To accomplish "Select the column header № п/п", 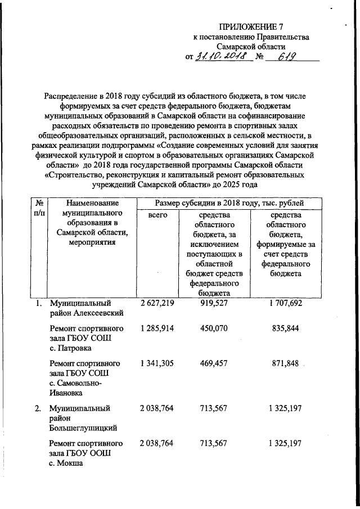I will click(x=39, y=208).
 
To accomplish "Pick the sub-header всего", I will click(x=158, y=215).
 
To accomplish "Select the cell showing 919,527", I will click(x=213, y=303).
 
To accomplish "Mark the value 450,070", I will click(x=213, y=328).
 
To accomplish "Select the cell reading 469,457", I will click(x=213, y=363).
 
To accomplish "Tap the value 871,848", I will click(x=287, y=363).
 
